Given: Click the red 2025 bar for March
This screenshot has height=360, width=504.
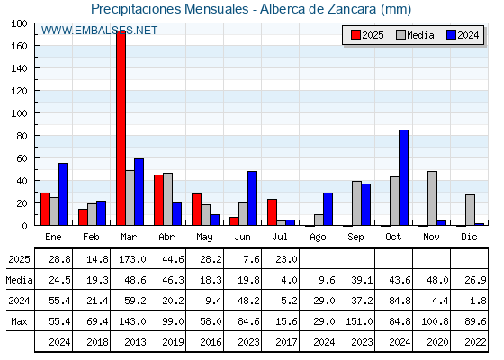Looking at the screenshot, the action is click(121, 128).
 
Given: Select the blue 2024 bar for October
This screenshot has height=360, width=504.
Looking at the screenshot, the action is click(404, 178).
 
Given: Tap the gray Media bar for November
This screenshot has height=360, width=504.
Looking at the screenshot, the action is click(432, 198).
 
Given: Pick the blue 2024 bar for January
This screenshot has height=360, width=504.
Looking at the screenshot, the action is click(63, 194).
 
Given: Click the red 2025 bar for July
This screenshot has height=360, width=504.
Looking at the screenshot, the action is click(272, 212).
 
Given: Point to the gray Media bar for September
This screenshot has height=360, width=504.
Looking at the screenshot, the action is click(356, 203).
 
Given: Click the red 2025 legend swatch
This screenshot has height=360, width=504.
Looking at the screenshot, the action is click(355, 35).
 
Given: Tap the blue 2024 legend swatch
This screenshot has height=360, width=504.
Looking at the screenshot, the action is click(451, 35).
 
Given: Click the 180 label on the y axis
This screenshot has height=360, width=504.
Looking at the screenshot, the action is click(19, 23).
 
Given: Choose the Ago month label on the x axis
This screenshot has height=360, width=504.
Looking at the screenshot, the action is click(318, 238).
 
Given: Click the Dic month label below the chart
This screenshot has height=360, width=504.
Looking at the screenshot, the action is click(469, 237).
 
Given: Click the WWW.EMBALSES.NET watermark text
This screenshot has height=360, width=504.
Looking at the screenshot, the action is click(99, 31).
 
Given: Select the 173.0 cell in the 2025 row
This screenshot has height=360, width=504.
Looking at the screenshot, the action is click(132, 259).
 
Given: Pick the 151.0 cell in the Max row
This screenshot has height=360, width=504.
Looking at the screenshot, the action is click(359, 321).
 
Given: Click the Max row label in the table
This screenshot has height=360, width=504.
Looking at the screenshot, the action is click(19, 321).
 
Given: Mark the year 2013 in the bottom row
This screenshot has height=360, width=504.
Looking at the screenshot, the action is click(135, 342).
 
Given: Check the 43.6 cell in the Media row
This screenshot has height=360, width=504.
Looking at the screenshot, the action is click(400, 280).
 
